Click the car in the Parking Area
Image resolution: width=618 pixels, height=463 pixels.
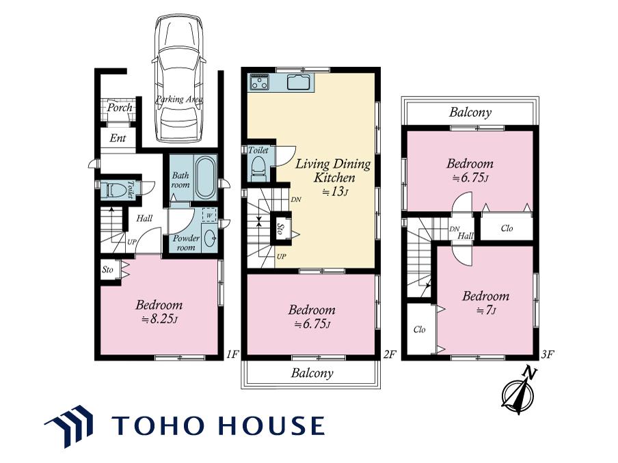coord(179,79)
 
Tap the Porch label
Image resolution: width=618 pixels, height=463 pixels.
coord(120,107)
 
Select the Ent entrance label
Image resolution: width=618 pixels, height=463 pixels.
coord(118,138)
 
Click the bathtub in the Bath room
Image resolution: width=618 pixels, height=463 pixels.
coord(205,178)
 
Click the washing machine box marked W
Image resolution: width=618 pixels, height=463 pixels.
coord(209,215)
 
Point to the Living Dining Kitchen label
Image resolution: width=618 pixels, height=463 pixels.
coord(334,171)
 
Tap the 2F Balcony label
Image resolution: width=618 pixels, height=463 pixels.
coord(312,373)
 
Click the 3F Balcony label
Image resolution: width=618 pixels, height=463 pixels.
coord(470,112)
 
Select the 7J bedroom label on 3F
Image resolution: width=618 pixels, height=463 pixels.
coord(485,303)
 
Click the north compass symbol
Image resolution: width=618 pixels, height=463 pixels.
coord(519,391)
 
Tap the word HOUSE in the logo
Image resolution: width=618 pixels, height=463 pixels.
coord(272,425)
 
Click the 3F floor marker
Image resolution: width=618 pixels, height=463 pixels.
coord(548,354)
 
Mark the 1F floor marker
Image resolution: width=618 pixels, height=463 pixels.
coord(232,354)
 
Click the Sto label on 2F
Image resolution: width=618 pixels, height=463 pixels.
coord(280,229)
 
